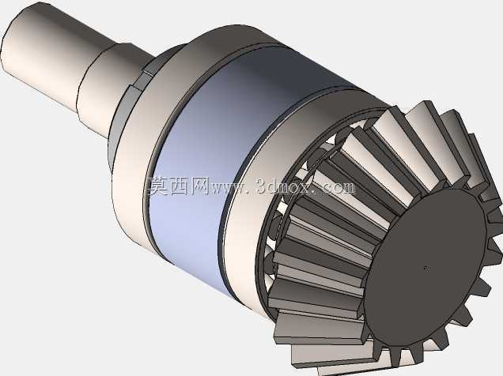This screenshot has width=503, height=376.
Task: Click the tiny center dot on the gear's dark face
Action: pyautogui.click(x=425, y=268)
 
